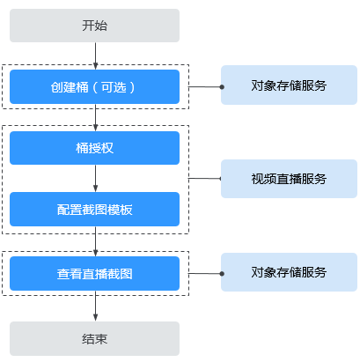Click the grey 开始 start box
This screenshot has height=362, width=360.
[94, 26]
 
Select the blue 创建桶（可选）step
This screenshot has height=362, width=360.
[94, 86]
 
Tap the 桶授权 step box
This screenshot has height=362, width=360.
[94, 148]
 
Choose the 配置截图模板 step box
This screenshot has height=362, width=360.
[94, 209]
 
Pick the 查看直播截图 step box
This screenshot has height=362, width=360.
[94, 273]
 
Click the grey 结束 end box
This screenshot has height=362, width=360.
[94, 338]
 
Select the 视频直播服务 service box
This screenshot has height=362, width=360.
[289, 179]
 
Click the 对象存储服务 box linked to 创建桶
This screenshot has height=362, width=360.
[289, 85]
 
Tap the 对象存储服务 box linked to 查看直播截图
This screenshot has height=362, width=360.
[289, 272]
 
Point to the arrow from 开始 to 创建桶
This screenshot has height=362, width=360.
[95, 55]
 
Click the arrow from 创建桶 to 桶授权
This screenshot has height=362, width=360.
[95, 117]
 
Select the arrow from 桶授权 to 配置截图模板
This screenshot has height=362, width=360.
[95, 178]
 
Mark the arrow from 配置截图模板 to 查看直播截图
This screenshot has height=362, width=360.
[95, 241]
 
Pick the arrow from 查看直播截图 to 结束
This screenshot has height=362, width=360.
[95, 306]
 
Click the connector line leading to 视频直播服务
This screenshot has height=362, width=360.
[205, 178]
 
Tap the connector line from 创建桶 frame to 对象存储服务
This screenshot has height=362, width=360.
[205, 87]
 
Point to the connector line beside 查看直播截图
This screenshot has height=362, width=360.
[205, 274]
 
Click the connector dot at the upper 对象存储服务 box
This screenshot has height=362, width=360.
[222, 87]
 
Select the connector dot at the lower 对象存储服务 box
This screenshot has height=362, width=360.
[222, 274]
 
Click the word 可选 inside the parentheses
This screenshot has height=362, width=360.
[114, 87]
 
